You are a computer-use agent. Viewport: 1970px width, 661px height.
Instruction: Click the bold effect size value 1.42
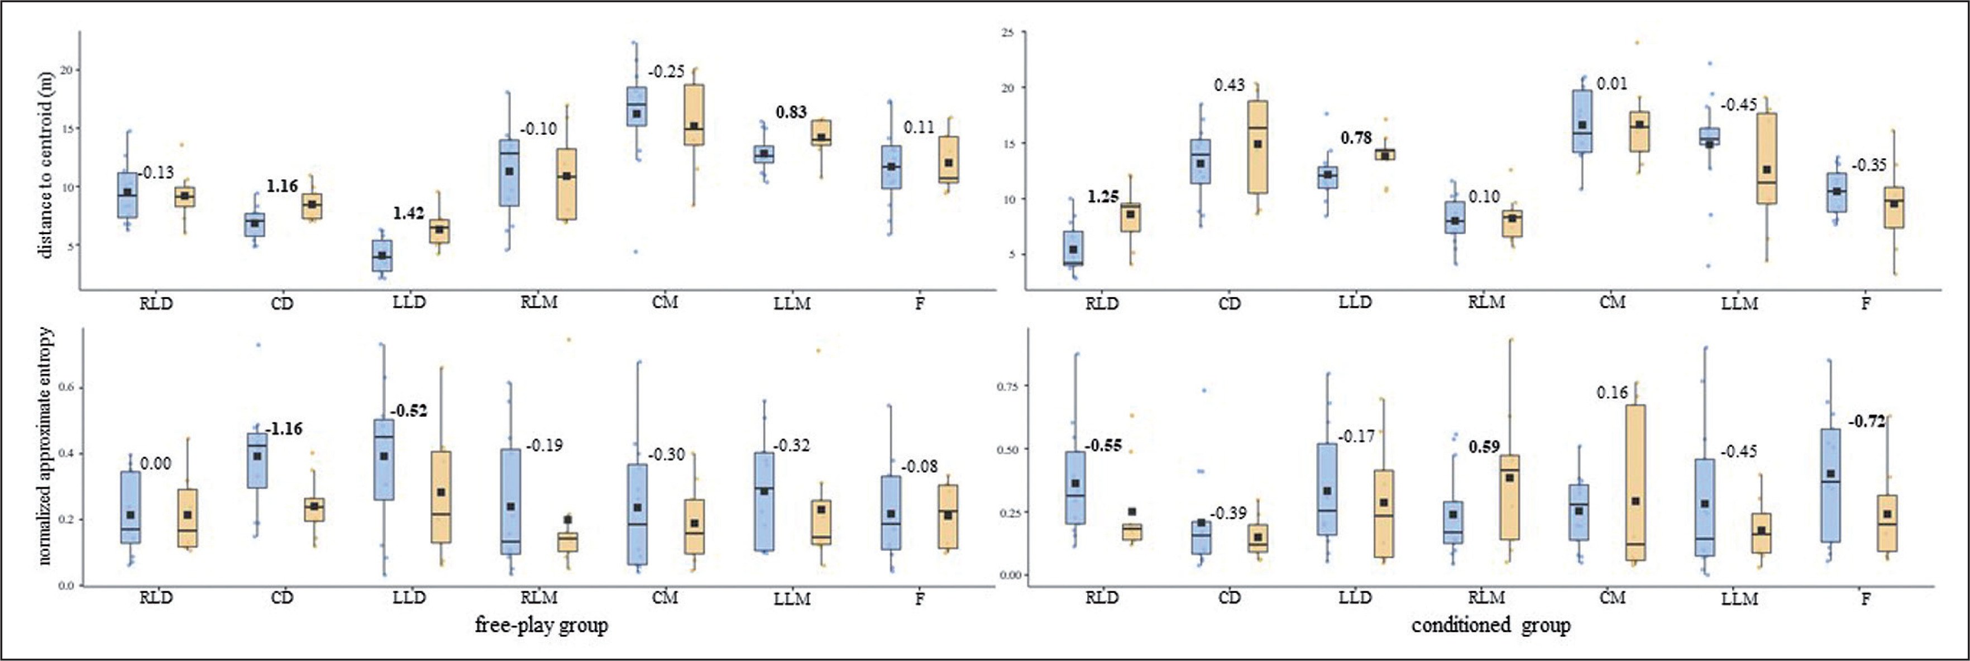[408, 213]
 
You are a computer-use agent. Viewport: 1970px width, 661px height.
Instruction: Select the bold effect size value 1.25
[1103, 197]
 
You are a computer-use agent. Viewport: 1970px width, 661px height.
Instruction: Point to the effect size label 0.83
[791, 112]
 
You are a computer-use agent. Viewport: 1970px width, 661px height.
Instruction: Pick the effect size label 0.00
[155, 464]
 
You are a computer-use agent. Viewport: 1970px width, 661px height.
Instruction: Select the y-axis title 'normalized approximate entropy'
[46, 445]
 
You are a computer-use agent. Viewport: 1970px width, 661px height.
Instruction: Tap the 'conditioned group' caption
[1490, 625]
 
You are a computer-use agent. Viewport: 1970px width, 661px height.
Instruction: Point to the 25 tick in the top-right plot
[1008, 33]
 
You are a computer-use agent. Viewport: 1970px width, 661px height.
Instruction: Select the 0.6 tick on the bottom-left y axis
[68, 388]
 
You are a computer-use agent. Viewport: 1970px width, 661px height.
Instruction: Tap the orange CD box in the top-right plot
[1257, 147]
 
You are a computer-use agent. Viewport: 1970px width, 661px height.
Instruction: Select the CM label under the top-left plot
[664, 303]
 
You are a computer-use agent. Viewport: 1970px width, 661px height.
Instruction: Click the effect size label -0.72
[1866, 421]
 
